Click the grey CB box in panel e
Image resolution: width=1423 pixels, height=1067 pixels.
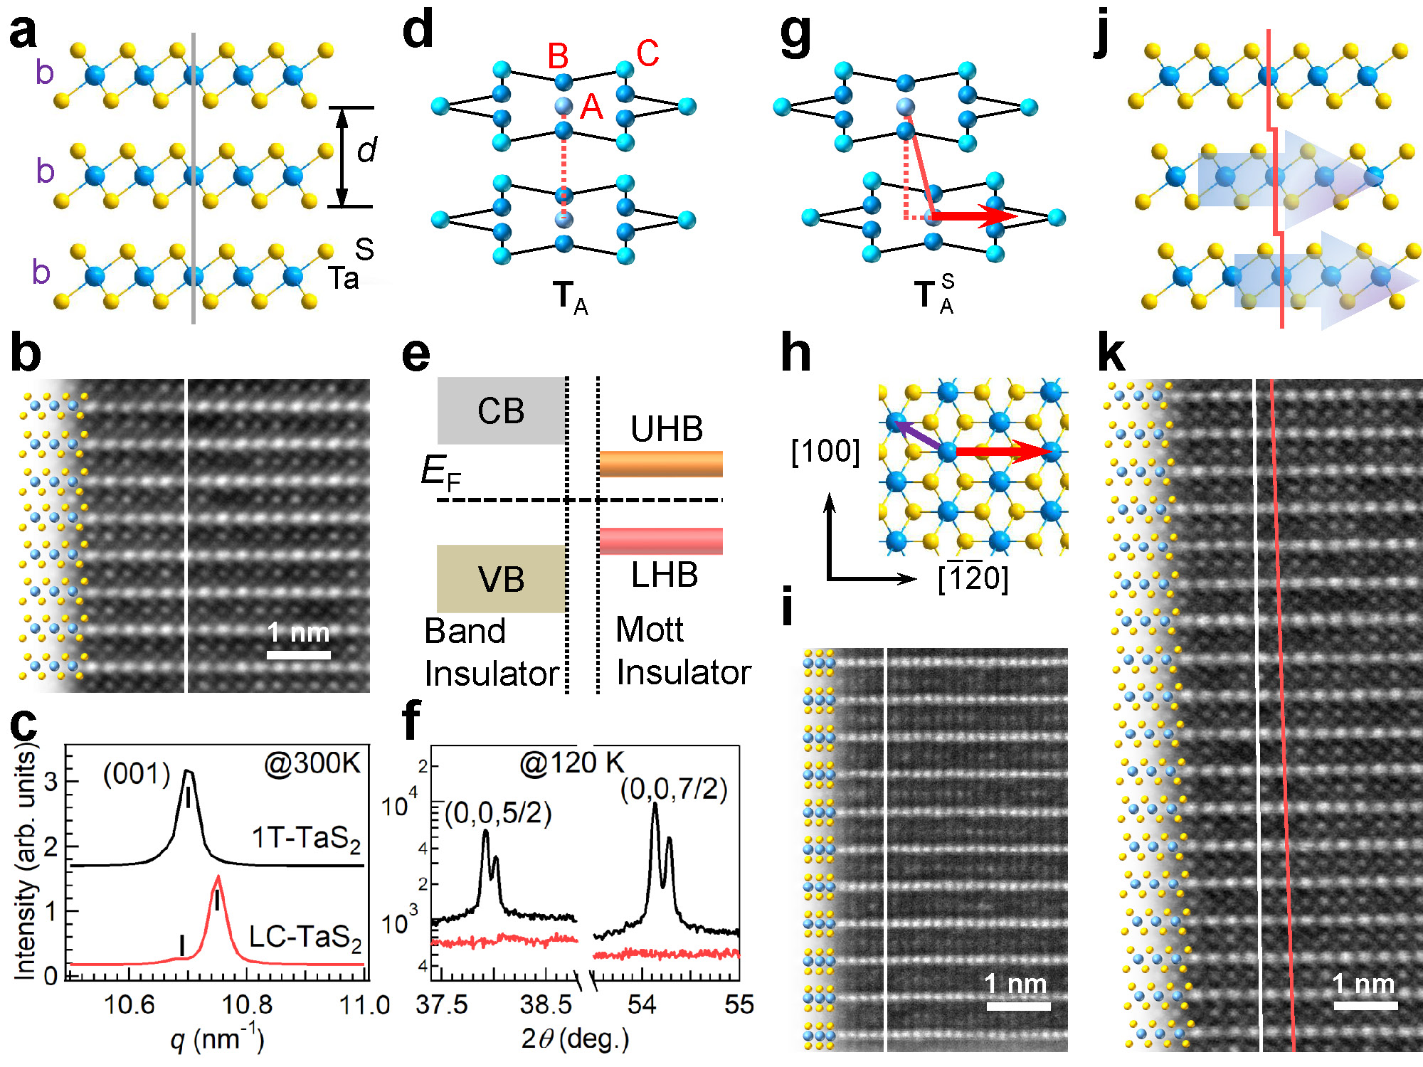click(x=501, y=410)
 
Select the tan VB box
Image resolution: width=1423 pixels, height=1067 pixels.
click(x=501, y=578)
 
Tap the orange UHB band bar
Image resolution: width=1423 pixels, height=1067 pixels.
click(x=661, y=464)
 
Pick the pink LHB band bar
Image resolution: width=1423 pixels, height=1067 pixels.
click(x=661, y=541)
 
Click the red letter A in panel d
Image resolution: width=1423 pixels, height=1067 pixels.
click(x=591, y=107)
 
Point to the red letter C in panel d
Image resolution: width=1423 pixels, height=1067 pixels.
click(x=647, y=53)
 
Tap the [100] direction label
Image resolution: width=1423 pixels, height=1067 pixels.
click(x=825, y=451)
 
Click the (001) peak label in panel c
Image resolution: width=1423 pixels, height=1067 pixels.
click(x=137, y=773)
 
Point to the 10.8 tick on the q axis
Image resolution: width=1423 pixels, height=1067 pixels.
click(x=247, y=1004)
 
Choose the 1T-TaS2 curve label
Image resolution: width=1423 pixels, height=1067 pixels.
click(x=306, y=839)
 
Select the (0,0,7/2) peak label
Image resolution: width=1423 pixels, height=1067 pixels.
click(x=674, y=789)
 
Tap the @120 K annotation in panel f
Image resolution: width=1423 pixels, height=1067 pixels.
click(x=571, y=763)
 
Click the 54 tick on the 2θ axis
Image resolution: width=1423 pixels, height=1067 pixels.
click(x=641, y=1004)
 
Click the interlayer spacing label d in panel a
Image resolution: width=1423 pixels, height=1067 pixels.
click(x=366, y=150)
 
